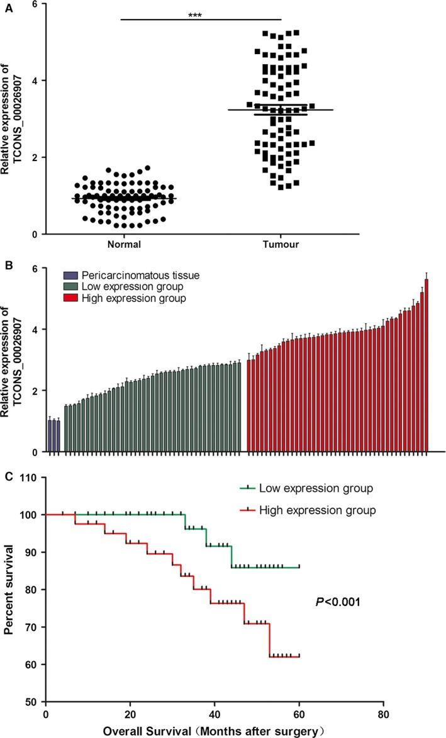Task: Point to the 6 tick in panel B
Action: coord(35,268)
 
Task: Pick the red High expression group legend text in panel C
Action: coord(318,510)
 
